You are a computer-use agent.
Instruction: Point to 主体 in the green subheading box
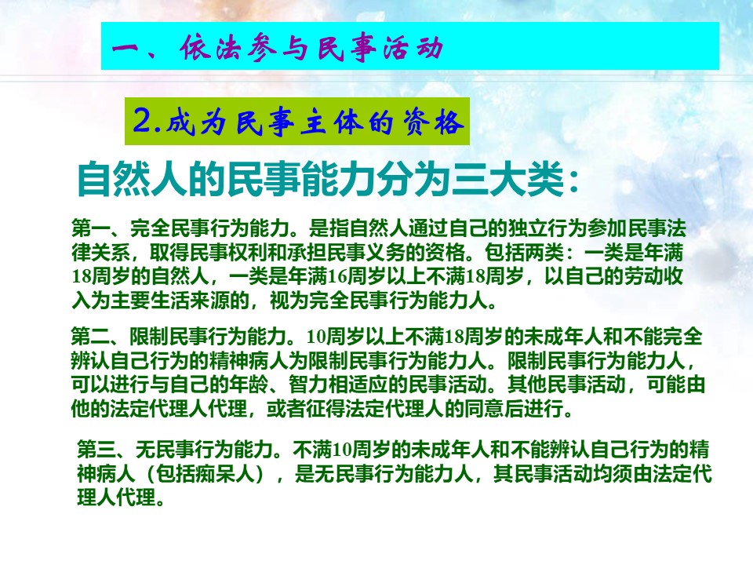coord(331,122)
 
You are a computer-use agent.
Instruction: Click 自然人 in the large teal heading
coord(132,179)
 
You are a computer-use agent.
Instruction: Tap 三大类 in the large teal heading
coord(507,179)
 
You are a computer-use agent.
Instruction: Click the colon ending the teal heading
coord(573,183)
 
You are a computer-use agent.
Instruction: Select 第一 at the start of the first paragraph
coord(91,228)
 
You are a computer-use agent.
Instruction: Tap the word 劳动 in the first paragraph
coord(643,277)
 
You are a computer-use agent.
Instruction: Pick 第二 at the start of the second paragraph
coord(91,337)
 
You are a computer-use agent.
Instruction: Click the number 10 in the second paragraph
coord(316,337)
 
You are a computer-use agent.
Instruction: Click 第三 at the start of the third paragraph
coord(96,450)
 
